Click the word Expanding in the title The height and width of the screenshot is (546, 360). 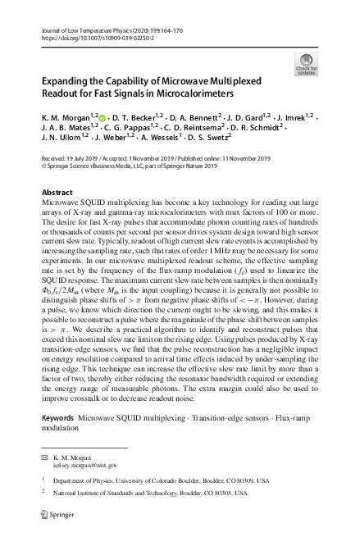click(68, 82)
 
